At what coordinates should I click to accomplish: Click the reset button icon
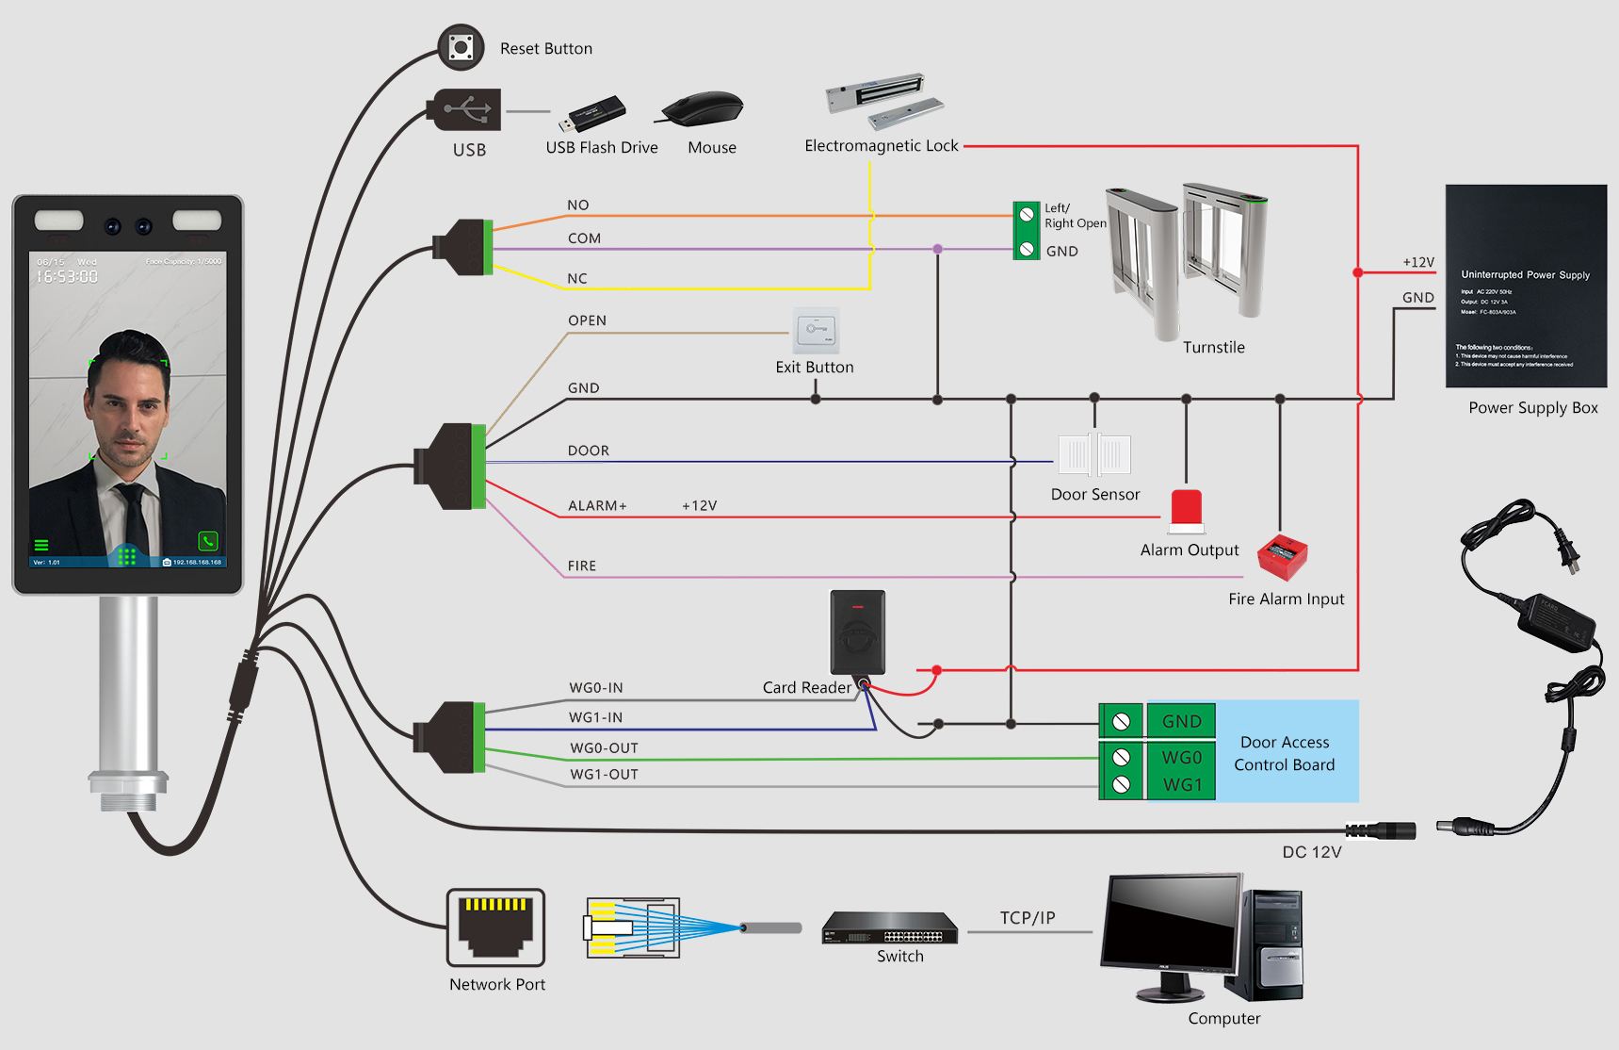(x=461, y=47)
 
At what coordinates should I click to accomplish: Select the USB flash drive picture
(x=592, y=114)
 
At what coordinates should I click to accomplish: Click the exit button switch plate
(x=816, y=330)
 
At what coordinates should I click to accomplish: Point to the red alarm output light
(x=1187, y=509)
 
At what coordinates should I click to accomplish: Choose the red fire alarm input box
(x=1283, y=557)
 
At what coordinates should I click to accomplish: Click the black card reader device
(x=857, y=632)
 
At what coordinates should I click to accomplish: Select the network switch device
(x=890, y=928)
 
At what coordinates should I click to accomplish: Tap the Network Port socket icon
(x=496, y=927)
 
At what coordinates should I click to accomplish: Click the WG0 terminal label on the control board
(x=1181, y=758)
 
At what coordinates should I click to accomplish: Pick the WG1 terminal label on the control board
(x=1181, y=785)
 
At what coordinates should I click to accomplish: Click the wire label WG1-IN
(x=595, y=717)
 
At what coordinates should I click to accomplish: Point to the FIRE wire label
(x=582, y=566)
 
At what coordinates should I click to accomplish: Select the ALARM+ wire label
(x=597, y=506)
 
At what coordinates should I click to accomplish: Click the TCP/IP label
(x=1028, y=918)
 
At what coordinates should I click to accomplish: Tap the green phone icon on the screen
(x=208, y=541)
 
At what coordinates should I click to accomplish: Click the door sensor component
(x=1094, y=455)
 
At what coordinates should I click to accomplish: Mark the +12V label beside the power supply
(x=1418, y=262)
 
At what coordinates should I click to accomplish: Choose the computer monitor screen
(x=1174, y=924)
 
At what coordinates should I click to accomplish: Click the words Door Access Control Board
(x=1285, y=754)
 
